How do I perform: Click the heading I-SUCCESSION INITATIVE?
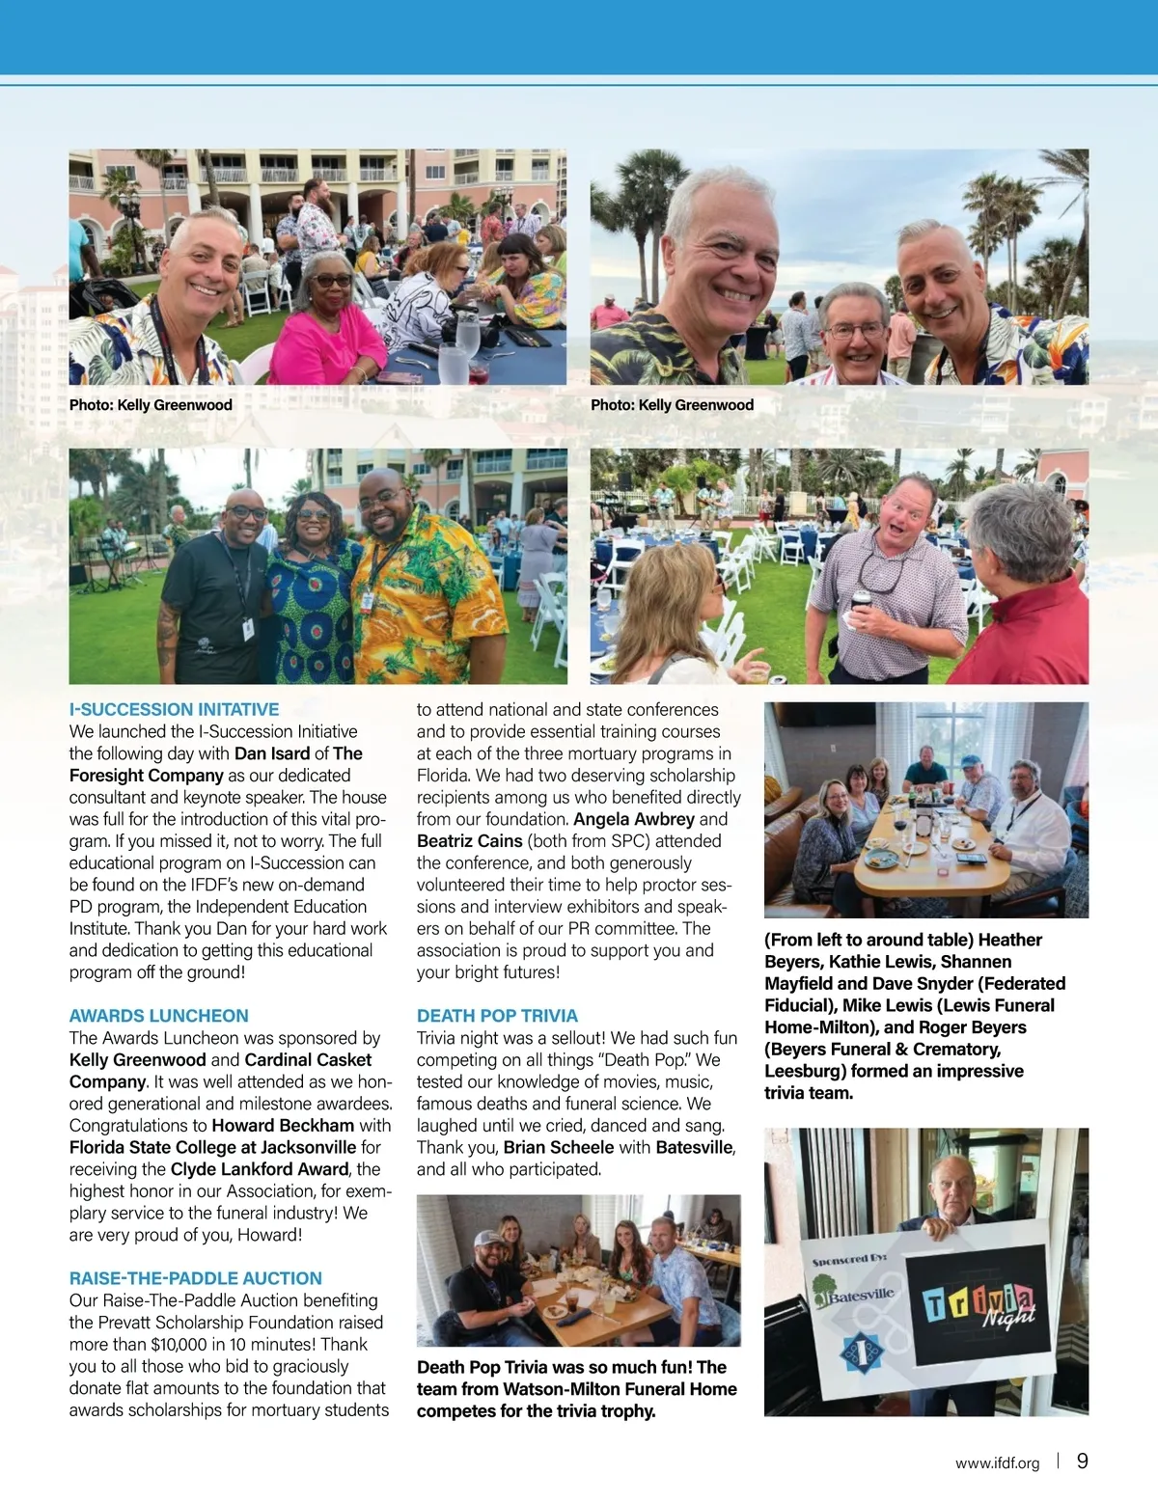[x=174, y=709]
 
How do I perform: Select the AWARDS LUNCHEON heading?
[x=158, y=1016]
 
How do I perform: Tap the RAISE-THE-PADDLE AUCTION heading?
[x=195, y=1278]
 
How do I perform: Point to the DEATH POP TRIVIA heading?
[x=497, y=1016]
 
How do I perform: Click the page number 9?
[x=1082, y=1461]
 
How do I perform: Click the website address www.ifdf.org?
[x=997, y=1463]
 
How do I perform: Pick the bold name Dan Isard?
[x=272, y=753]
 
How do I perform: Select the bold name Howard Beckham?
[x=283, y=1126]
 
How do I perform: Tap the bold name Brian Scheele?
[x=558, y=1147]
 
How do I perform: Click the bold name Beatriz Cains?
[x=469, y=841]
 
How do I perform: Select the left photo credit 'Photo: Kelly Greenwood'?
[x=151, y=405]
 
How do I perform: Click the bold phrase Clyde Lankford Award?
[x=259, y=1169]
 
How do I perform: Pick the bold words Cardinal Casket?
[x=308, y=1060]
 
